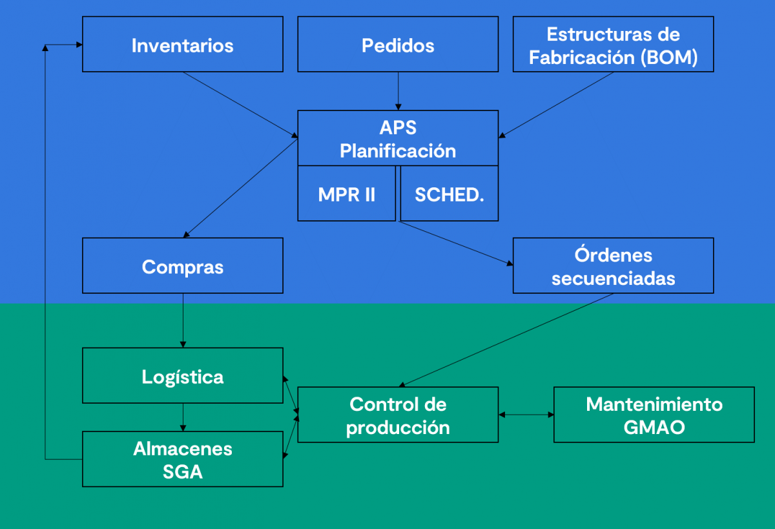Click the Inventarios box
click(x=183, y=45)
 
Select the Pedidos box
click(x=398, y=45)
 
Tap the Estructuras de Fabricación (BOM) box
click(x=614, y=45)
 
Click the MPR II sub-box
click(x=347, y=194)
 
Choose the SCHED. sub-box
click(x=449, y=194)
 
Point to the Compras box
click(x=183, y=266)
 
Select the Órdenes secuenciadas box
click(x=614, y=266)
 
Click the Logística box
click(x=183, y=377)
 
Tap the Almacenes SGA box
click(x=183, y=459)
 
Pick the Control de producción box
click(x=398, y=415)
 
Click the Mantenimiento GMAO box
click(x=654, y=415)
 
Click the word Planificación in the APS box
click(x=398, y=151)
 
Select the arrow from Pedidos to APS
click(x=398, y=90)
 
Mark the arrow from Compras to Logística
click(x=183, y=320)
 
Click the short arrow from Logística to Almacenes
click(x=183, y=418)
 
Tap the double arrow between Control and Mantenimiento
click(x=526, y=415)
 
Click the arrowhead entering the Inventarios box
click(x=79, y=45)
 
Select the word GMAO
click(x=654, y=427)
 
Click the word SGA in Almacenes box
click(x=183, y=472)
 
